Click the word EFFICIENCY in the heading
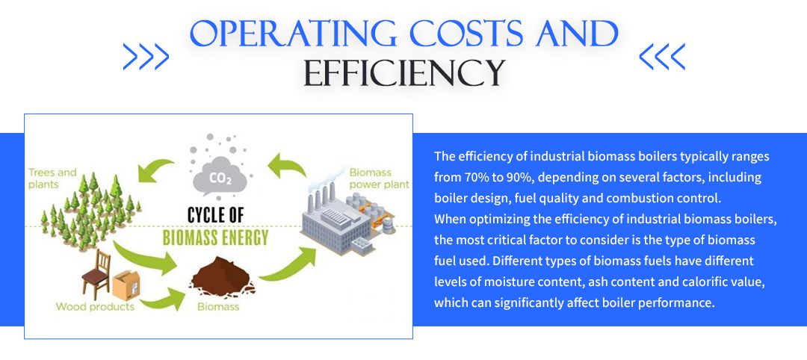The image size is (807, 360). [403, 73]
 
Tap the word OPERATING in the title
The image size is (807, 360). [293, 34]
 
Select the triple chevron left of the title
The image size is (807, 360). [146, 57]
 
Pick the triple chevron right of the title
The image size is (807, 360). [662, 57]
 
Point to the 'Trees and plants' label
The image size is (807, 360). [52, 178]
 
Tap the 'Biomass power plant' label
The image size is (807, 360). [379, 178]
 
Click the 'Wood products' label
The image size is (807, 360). [95, 307]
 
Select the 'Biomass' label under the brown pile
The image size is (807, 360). [218, 307]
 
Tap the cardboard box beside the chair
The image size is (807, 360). [126, 285]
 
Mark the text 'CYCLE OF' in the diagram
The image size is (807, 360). [215, 215]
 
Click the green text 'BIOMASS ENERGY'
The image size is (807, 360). [215, 238]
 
